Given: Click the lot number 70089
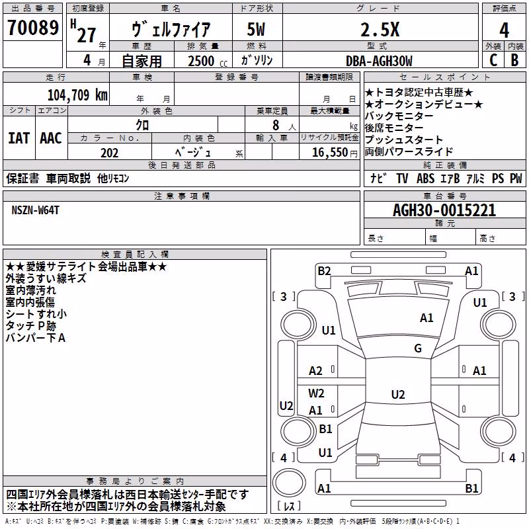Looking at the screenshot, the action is (33, 28).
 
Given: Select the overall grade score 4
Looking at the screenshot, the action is (504, 30).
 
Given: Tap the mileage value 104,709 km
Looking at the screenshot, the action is (77, 95).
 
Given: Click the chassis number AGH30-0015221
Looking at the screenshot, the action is (444, 210).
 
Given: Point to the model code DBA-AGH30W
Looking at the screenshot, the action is (379, 61).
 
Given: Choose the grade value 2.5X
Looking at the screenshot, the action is (380, 30).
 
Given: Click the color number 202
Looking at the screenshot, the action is (110, 153).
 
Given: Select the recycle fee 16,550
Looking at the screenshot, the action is (330, 153).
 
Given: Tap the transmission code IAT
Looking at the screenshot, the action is (19, 138).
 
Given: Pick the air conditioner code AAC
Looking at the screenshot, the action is (51, 138).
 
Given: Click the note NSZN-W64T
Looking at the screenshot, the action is (36, 210).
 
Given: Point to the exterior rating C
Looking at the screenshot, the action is (493, 60).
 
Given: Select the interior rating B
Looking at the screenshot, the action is (514, 60).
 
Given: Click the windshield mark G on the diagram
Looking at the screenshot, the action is (418, 348).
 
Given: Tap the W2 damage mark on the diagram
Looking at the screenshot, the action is (316, 393).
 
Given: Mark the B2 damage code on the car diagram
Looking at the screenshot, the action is (324, 271).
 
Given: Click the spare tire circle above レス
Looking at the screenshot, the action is (289, 482).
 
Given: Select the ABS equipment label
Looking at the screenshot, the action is (425, 179).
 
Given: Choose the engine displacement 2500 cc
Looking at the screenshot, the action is (208, 61).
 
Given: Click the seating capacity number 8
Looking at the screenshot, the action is (276, 125).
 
